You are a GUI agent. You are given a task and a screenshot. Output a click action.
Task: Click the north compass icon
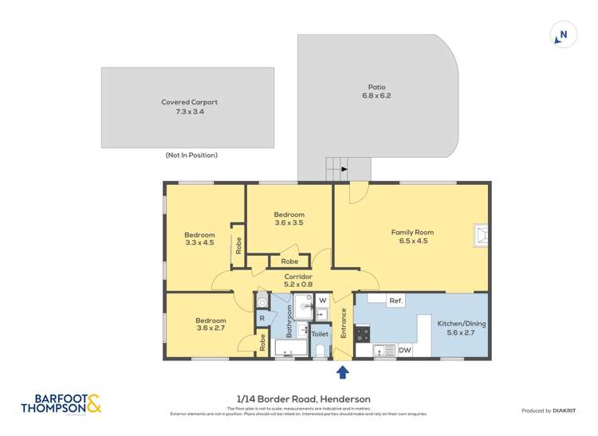click(563, 35)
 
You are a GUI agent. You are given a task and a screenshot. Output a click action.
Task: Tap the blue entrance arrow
click(343, 371)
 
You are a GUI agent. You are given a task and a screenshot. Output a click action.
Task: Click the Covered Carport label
click(190, 107)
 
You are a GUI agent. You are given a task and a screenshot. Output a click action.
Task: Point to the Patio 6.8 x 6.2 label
click(376, 91)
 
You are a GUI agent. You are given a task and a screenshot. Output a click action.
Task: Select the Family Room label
click(412, 236)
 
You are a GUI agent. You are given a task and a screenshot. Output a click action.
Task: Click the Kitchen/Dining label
click(461, 328)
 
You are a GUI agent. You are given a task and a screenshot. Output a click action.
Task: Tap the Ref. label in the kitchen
click(395, 300)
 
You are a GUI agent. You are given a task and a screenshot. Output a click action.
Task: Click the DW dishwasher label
click(404, 350)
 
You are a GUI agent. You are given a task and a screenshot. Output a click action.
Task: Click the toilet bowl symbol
click(320, 350)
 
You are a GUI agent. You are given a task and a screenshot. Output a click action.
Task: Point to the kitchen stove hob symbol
click(362, 334)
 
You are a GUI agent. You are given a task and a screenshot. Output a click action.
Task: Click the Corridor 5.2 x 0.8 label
click(297, 279)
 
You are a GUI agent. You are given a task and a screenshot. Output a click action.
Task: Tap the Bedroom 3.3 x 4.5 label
click(199, 238)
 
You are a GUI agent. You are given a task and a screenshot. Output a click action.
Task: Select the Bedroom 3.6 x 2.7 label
click(211, 324)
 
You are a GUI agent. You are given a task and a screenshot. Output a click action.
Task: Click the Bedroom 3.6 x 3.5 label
click(289, 218)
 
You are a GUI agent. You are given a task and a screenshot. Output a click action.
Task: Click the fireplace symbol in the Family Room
click(482, 234)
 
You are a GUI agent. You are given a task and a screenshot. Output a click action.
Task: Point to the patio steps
click(336, 168)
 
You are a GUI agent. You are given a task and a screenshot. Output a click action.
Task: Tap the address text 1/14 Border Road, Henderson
click(298, 399)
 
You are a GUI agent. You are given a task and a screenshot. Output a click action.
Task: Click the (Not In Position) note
click(191, 155)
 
